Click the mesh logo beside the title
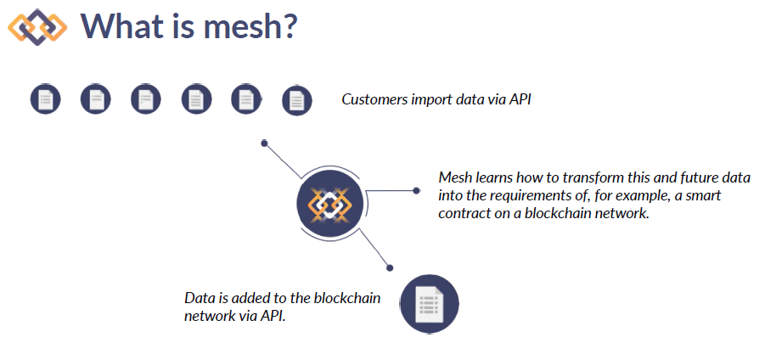(37, 27)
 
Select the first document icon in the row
(45, 99)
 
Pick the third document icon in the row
(146, 99)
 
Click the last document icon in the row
(296, 101)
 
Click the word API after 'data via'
(520, 99)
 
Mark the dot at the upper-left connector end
(264, 143)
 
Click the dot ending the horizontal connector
(416, 190)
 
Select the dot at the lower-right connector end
(390, 267)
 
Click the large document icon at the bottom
(430, 303)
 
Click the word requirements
(520, 195)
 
